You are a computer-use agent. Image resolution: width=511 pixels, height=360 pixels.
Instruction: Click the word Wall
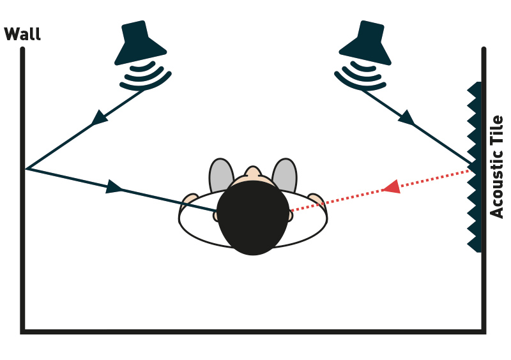22,34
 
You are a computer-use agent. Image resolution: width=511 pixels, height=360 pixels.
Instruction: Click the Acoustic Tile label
496,167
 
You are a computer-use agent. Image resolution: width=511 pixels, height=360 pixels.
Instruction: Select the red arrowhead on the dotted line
392,186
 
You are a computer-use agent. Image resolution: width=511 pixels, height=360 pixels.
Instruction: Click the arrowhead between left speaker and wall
99,117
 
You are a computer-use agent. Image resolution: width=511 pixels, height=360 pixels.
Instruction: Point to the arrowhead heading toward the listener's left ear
114,186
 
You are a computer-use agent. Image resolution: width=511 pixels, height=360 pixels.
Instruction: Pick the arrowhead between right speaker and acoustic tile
407,117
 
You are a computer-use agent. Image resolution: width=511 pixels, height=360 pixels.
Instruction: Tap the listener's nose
253,172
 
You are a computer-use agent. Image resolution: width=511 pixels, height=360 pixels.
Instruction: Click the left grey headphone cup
220,175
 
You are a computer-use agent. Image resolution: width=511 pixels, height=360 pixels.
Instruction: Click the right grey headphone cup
285,175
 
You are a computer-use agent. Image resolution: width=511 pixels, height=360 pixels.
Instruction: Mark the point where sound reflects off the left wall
26,169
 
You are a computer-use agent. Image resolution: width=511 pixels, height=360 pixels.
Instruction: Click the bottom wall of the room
253,332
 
